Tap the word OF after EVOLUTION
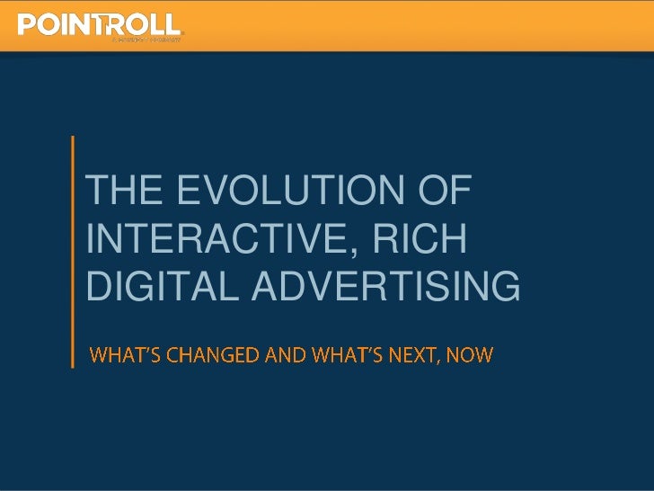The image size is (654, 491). pyautogui.click(x=446, y=192)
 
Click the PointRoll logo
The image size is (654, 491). pyautogui.click(x=100, y=26)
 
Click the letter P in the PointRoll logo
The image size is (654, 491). pyautogui.click(x=28, y=24)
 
